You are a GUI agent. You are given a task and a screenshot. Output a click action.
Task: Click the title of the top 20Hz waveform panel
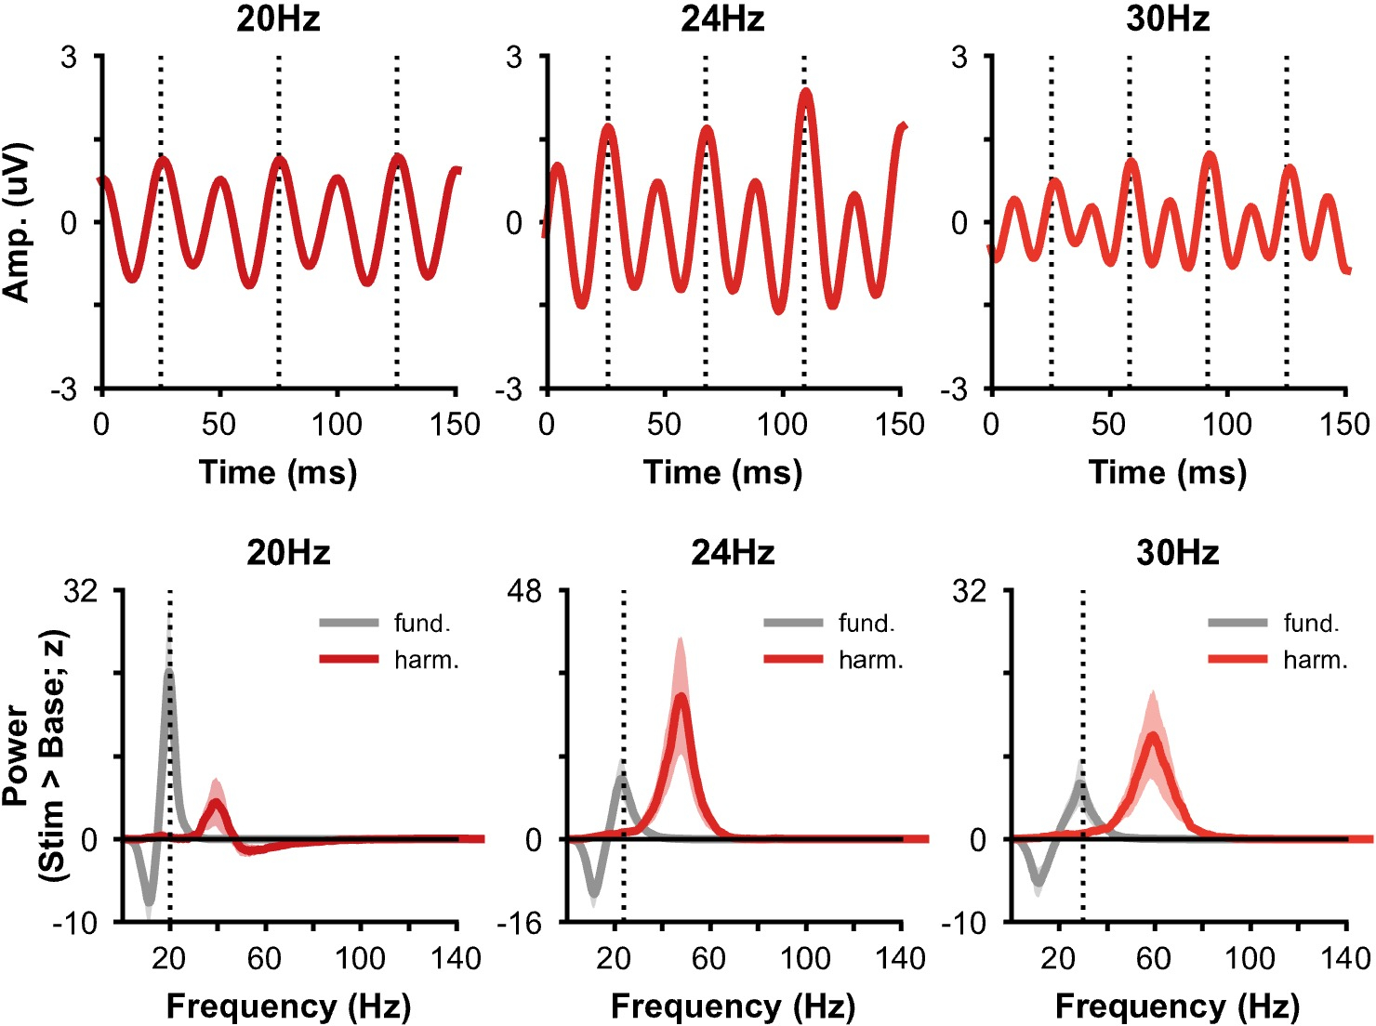[x=278, y=19]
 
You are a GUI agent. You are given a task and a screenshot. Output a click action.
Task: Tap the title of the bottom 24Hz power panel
[x=733, y=553]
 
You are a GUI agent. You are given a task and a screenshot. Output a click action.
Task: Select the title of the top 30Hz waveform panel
[x=1168, y=19]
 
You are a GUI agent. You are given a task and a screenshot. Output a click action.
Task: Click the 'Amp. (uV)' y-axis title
[x=17, y=222]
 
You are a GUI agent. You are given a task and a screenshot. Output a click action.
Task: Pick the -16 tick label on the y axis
[x=521, y=923]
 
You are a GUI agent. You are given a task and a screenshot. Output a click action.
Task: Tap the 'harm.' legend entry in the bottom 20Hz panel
[x=426, y=660]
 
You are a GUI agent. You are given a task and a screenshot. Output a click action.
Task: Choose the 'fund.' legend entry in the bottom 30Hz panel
[x=1311, y=623]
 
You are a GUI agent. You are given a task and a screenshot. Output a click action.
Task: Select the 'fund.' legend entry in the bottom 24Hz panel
[x=867, y=623]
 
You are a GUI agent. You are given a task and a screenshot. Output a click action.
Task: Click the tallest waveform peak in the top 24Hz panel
[x=805, y=92]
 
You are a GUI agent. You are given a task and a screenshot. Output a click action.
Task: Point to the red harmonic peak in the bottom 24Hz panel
[x=681, y=697]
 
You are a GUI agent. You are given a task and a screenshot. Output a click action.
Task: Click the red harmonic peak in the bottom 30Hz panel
[x=1153, y=737]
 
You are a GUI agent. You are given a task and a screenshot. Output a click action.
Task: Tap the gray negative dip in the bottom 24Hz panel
[x=594, y=895]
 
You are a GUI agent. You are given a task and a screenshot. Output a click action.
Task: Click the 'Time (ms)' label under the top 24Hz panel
[x=722, y=472]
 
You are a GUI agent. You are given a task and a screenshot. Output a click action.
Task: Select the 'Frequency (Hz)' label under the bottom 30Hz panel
[x=1177, y=1006]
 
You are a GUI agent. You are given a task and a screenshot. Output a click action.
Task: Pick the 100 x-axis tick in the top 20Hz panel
[x=337, y=425]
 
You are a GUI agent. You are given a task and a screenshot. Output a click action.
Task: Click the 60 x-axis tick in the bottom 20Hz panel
[x=264, y=958]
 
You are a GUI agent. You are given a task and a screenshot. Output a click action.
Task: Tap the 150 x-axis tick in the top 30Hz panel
[x=1344, y=425]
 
